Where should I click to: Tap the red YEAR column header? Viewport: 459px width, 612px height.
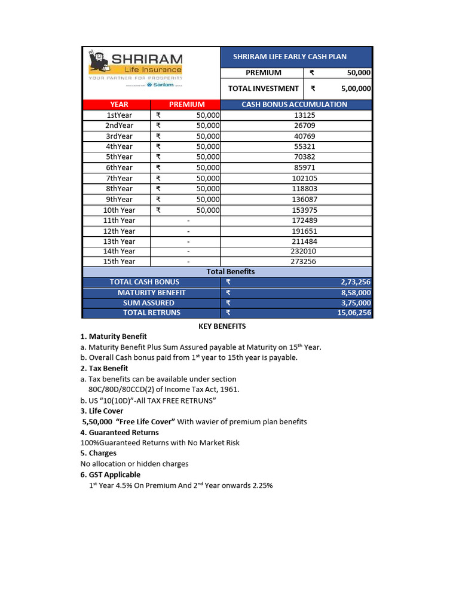[120, 105]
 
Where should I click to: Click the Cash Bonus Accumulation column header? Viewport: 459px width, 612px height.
[294, 105]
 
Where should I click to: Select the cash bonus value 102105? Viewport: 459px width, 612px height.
[305, 178]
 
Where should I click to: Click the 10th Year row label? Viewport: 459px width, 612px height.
[120, 210]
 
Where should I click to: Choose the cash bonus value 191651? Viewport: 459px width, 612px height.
[305, 231]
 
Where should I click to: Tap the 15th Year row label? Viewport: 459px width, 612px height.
[120, 261]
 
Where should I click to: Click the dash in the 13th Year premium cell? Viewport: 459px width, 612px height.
[188, 241]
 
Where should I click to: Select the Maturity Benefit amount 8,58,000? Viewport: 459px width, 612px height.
[356, 293]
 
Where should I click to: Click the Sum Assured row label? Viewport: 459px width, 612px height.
[149, 303]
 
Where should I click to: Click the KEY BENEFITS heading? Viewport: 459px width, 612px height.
[222, 326]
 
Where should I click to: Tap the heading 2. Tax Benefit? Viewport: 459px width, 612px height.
[104, 368]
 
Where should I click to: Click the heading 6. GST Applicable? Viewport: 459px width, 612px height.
[111, 475]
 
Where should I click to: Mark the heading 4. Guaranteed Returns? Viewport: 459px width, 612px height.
[120, 432]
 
